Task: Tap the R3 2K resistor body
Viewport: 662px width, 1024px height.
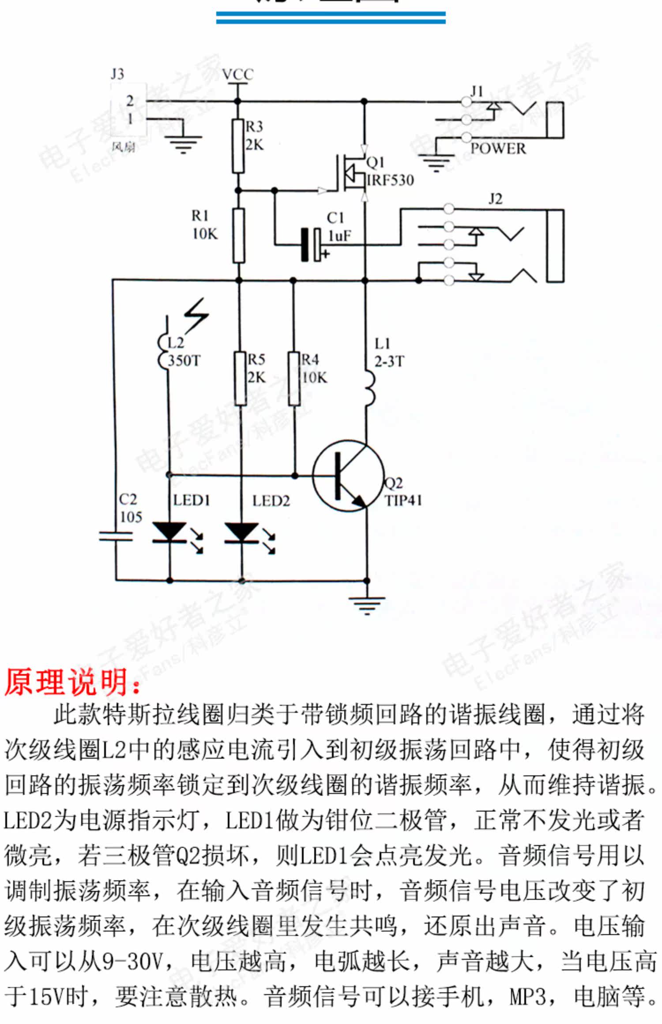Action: [238, 146]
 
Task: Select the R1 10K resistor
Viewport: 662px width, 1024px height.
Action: [239, 235]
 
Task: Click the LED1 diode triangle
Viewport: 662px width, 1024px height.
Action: [169, 532]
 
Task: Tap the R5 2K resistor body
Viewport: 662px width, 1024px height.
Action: [241, 378]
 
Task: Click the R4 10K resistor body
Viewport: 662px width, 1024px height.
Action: [294, 378]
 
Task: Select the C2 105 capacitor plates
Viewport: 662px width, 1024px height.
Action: [116, 536]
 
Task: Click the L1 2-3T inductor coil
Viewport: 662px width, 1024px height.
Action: [370, 388]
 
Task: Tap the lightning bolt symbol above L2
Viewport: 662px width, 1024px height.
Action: [196, 315]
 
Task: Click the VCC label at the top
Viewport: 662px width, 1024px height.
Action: [237, 74]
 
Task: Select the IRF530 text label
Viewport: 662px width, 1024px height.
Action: [391, 180]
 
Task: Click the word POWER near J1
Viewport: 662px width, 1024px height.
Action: [498, 149]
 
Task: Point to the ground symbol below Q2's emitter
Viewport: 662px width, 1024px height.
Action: [367, 604]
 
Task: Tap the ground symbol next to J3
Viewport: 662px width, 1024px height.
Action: [183, 143]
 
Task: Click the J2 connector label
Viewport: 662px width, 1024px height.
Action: [495, 199]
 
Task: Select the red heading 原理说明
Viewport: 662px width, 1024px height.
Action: [73, 682]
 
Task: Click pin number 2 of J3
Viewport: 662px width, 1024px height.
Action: [130, 101]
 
